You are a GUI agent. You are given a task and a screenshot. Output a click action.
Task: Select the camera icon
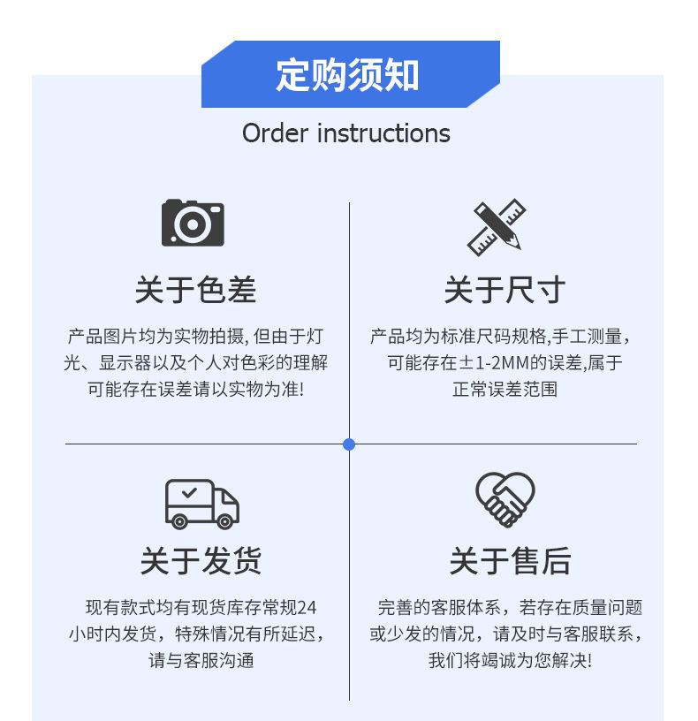193,223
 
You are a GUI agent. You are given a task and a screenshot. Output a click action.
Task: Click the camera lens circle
191,225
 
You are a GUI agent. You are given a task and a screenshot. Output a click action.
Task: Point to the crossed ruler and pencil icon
496,227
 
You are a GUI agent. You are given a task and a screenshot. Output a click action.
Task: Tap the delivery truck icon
201,504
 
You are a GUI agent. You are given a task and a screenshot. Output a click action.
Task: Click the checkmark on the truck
188,492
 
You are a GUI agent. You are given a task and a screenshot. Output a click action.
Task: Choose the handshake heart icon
505,499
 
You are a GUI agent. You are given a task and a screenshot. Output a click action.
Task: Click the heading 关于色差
195,289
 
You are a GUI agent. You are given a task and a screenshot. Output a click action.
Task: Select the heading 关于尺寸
505,289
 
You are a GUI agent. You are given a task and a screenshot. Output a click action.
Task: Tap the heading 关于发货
201,561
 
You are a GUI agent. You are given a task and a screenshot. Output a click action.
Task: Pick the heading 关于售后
510,561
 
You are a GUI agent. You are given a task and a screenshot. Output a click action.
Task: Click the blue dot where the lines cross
349,444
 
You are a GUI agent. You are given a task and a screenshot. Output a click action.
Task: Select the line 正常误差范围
505,389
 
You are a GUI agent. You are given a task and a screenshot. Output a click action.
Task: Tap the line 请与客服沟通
201,660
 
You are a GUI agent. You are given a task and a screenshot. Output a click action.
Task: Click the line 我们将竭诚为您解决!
510,660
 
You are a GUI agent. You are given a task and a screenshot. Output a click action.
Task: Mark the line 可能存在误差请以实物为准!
195,389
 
